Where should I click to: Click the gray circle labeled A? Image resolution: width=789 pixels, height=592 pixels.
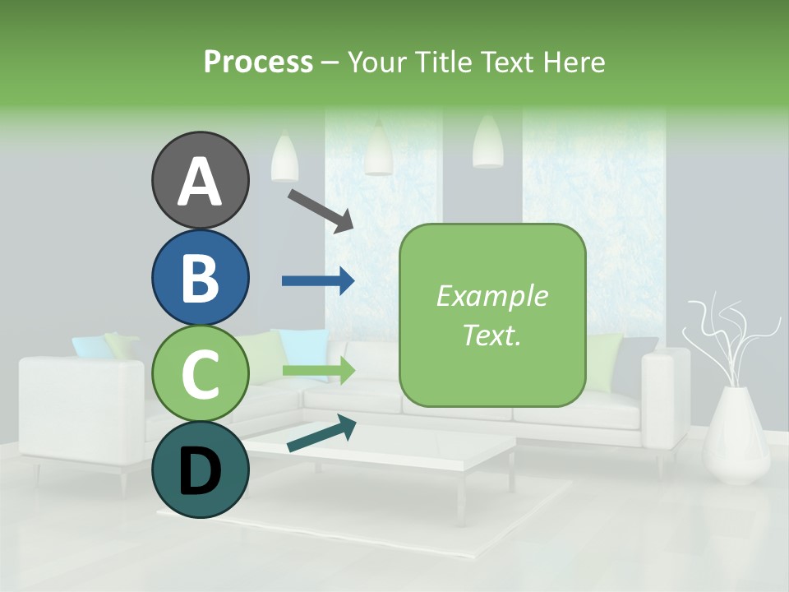[x=200, y=180]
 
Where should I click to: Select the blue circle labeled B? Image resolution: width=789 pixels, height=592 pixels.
[x=200, y=277]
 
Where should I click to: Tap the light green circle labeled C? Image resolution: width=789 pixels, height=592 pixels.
[x=200, y=374]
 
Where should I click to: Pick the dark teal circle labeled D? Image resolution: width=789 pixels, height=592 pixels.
[x=200, y=469]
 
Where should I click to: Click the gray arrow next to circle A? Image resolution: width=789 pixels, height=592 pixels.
[x=321, y=209]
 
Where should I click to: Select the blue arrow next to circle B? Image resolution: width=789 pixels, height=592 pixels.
[x=318, y=281]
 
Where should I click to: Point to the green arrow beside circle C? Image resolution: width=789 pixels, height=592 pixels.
[x=318, y=371]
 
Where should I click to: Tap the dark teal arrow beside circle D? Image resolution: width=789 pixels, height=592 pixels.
[x=321, y=433]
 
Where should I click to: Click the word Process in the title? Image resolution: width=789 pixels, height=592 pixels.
[x=258, y=62]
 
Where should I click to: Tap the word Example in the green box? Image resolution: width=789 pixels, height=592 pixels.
[x=491, y=296]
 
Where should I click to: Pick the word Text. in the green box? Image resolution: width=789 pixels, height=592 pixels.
[x=491, y=335]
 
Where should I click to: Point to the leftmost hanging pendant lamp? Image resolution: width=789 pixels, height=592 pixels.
[x=284, y=158]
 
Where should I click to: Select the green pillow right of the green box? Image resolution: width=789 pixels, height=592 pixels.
[x=605, y=360]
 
